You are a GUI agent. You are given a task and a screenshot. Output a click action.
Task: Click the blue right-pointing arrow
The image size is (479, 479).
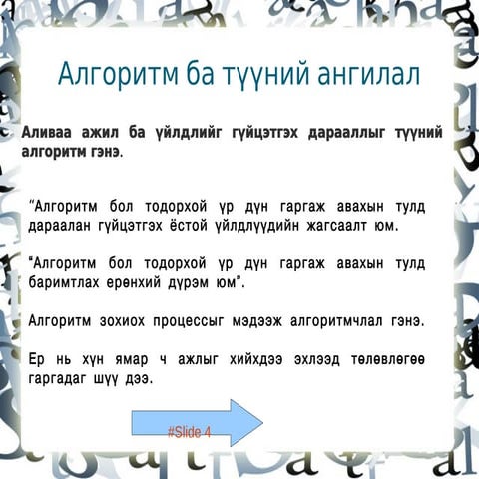click(x=197, y=423)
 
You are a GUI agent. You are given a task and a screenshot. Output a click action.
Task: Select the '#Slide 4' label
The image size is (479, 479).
click(x=189, y=432)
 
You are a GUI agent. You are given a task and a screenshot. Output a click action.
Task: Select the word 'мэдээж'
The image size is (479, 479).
click(x=269, y=321)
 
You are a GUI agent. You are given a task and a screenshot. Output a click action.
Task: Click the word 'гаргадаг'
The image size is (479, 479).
click(x=64, y=379)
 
